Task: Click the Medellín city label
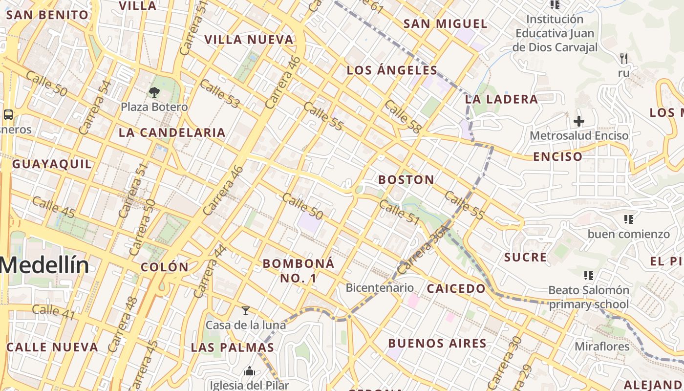coord(44,265)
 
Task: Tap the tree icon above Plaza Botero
coord(154,92)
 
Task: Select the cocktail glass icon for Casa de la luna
coord(246,311)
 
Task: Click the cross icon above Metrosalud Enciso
coord(579,121)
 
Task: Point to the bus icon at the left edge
coord(8,115)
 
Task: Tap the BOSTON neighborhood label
coord(406,180)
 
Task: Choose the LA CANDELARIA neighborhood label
coord(172,132)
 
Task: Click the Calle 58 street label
coord(403,117)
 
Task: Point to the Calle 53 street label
coord(220,93)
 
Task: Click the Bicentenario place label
coord(380,287)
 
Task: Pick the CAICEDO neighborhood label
coord(456,289)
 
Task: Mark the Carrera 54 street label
coord(95,107)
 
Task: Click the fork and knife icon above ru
coord(623,59)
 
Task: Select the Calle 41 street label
coord(54,312)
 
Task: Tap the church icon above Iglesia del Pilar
coord(250,371)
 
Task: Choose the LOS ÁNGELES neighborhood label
coord(392,70)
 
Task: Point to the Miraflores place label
coord(601,347)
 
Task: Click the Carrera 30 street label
coord(504,361)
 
